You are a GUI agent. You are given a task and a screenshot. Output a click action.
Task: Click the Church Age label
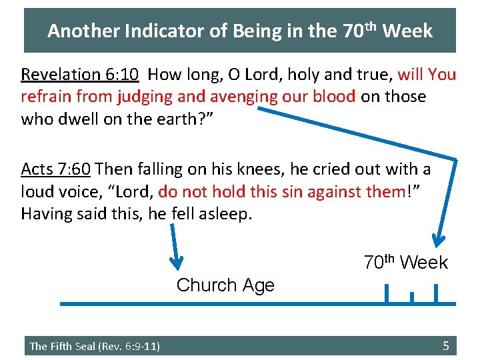coord(225,285)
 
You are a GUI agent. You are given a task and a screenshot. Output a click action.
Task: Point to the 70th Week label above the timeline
coord(405,263)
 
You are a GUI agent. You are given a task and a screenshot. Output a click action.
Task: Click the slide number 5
coord(446,345)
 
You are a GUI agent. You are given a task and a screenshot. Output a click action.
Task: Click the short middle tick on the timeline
coord(411,297)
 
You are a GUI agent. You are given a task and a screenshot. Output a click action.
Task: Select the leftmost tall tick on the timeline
coord(386,293)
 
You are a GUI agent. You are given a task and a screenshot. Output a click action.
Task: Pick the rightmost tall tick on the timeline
coord(436,293)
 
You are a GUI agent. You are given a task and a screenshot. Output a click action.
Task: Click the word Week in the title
coord(408,31)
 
